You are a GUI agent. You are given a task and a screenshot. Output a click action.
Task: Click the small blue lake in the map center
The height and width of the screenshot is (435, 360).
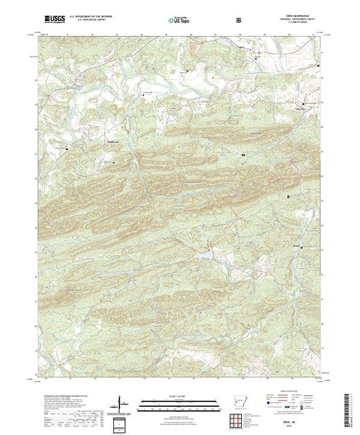(x=205, y=256)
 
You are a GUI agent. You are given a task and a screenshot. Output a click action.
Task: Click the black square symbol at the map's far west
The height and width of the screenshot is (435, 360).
(x=67, y=148)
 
